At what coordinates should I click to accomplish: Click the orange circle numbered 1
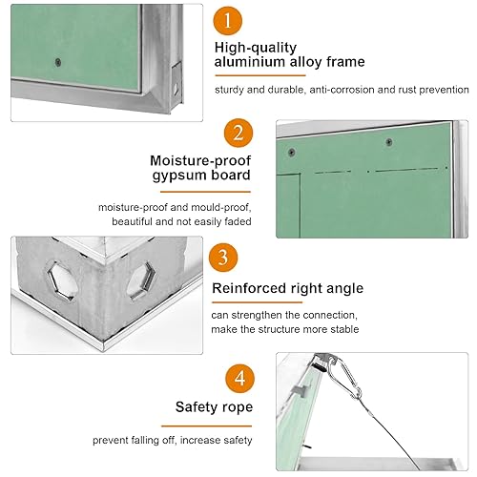pyautogui.click(x=228, y=21)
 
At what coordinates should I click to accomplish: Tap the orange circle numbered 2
pyautogui.click(x=238, y=133)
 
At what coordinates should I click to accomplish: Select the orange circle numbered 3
pyautogui.click(x=223, y=258)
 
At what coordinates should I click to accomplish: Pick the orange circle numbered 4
pyautogui.click(x=240, y=379)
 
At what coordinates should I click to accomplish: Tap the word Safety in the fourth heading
pyautogui.click(x=196, y=407)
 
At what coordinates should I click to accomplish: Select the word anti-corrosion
pyautogui.click(x=342, y=90)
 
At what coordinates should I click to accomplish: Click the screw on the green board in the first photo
pyautogui.click(x=58, y=62)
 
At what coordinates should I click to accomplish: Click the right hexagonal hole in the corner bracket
pyautogui.click(x=141, y=280)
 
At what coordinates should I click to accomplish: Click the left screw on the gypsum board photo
pyautogui.click(x=291, y=152)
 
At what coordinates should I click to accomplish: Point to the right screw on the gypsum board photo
pyautogui.click(x=388, y=142)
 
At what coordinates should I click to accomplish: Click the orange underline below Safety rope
pyautogui.click(x=206, y=425)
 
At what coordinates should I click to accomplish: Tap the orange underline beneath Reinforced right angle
pyautogui.click(x=257, y=302)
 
